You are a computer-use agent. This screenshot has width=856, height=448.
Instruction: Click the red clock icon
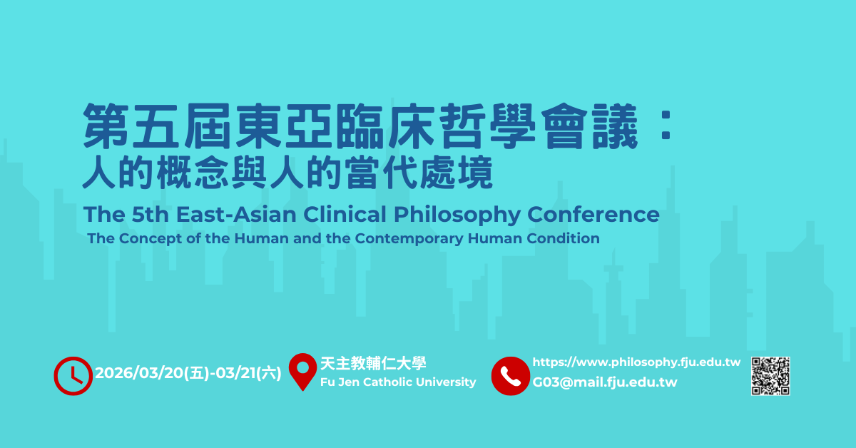tap(73, 375)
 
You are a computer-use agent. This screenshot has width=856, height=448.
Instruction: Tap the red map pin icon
tap(303, 371)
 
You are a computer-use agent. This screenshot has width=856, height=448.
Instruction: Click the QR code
tap(770, 375)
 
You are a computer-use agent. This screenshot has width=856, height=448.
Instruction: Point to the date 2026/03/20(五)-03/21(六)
tap(188, 373)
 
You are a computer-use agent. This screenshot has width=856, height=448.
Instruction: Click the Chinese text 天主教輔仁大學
tap(373, 363)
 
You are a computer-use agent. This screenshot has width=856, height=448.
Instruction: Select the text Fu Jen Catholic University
tap(398, 382)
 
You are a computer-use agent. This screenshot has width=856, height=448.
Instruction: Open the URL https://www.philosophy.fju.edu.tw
tap(636, 362)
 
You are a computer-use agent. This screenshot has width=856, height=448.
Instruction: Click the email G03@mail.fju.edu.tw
tap(605, 382)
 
